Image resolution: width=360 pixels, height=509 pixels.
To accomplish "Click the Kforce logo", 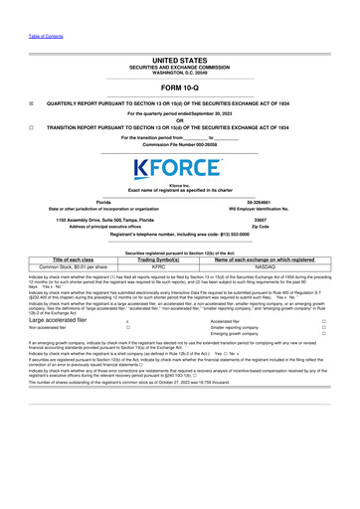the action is tap(180, 168).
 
